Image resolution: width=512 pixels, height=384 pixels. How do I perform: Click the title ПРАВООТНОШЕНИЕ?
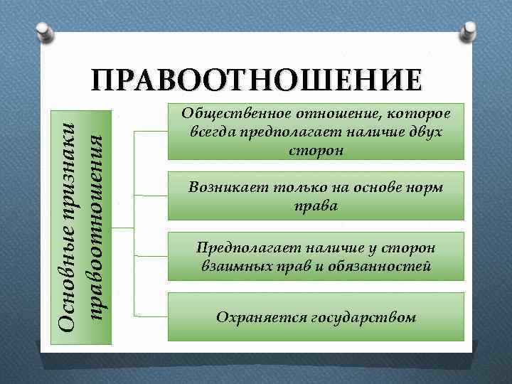(256, 82)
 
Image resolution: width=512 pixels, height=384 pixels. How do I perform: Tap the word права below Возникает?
(316, 206)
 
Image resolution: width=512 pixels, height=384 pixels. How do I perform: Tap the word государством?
(363, 316)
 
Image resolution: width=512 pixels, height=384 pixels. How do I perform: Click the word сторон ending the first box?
(316, 151)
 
